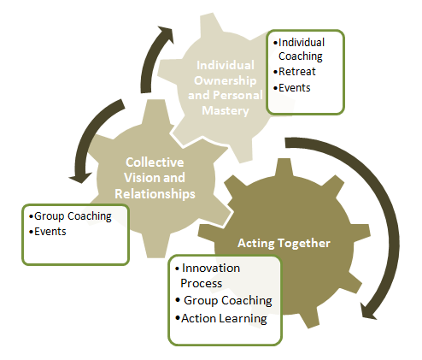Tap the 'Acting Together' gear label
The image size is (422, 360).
coord(284,243)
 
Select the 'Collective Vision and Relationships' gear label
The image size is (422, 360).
coord(155,178)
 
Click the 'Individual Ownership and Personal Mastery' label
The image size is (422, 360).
coord(225,88)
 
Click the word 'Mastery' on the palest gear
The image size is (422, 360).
coord(226,110)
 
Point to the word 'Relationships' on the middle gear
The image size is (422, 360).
coord(155,194)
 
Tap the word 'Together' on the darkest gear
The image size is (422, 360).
coord(304,243)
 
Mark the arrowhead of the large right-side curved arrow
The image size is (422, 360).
coord(369,311)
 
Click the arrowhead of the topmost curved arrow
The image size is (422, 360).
coord(166,33)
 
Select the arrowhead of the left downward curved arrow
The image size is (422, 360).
coord(80,178)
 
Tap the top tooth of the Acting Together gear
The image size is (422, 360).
coord(284,166)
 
